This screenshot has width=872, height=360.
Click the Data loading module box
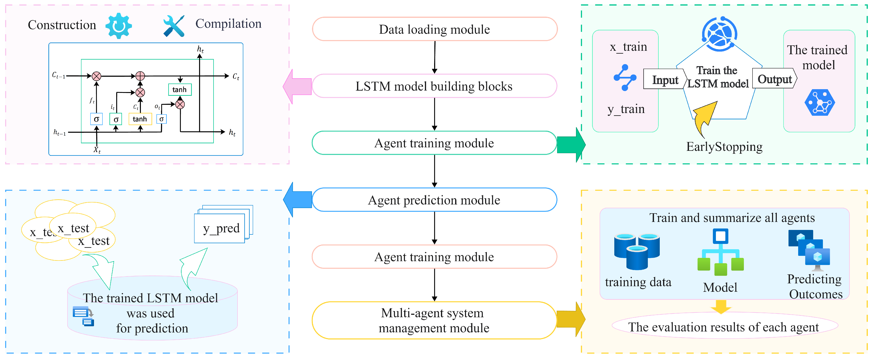click(x=434, y=29)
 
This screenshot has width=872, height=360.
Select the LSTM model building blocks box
click(x=434, y=86)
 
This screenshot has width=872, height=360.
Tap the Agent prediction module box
click(x=434, y=200)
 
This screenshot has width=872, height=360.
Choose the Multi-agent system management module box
click(x=434, y=320)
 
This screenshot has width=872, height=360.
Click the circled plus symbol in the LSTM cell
click(x=140, y=76)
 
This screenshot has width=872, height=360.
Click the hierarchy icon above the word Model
click(x=720, y=252)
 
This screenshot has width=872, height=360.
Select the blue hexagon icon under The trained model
click(x=820, y=103)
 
